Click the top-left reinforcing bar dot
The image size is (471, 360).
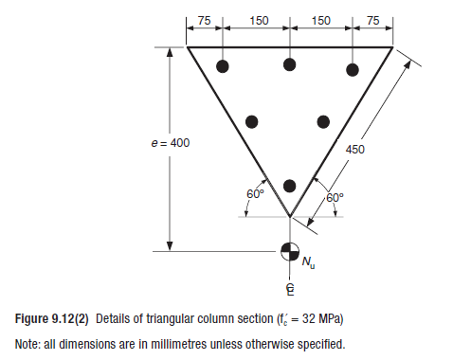[223, 66]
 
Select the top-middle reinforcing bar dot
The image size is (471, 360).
[290, 64]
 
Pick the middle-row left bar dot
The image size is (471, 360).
[252, 121]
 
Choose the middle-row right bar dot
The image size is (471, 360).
[323, 121]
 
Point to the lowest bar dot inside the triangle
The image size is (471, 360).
[290, 185]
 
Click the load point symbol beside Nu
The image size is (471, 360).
[289, 251]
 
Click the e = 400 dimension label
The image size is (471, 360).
[171, 143]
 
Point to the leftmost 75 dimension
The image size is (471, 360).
[204, 20]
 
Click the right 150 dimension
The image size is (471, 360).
[321, 20]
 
